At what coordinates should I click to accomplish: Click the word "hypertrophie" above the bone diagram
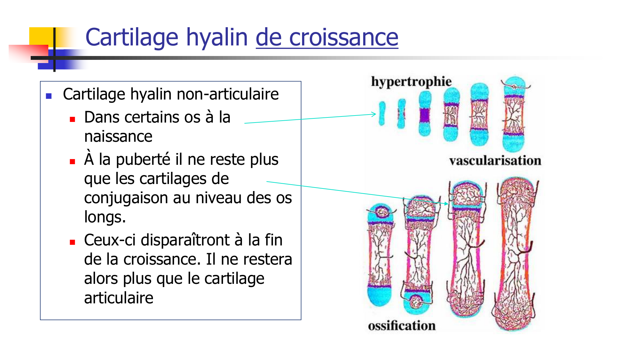[411, 82]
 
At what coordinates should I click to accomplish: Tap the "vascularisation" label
[495, 161]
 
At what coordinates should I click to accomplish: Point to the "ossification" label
[402, 326]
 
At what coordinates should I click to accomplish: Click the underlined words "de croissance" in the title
[327, 37]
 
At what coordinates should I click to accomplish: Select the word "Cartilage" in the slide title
[132, 37]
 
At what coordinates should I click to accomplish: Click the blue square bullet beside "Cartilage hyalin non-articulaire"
[49, 96]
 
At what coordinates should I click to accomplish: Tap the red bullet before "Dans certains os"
[72, 119]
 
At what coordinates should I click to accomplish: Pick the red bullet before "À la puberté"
[72, 162]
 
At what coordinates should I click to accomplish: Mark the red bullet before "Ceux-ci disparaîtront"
[72, 242]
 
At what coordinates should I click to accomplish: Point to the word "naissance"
[118, 137]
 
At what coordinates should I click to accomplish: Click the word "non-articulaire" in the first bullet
[228, 94]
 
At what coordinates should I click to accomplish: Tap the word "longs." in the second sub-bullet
[105, 217]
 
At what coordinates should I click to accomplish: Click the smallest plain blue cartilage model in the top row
[382, 113]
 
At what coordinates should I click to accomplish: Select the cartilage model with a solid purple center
[425, 114]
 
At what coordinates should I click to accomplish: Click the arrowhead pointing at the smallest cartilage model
[374, 114]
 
